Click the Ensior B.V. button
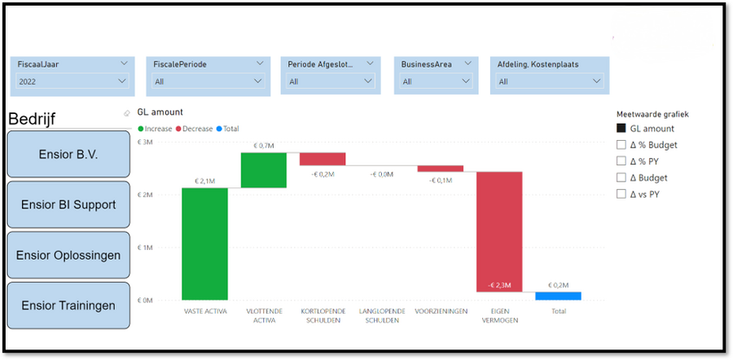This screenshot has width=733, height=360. [x=68, y=155]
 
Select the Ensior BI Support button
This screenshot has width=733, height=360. [x=68, y=204]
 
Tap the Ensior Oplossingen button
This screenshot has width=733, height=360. [x=68, y=255]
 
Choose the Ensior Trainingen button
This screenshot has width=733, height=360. [x=68, y=305]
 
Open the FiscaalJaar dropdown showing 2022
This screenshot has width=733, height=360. [x=72, y=81]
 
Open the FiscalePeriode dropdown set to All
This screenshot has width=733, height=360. [x=208, y=81]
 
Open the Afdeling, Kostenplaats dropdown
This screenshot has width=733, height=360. [x=550, y=81]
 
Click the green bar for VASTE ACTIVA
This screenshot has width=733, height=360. [x=205, y=244]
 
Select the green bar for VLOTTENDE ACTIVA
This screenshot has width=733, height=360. [x=264, y=170]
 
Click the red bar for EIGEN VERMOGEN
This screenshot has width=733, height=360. [x=499, y=231]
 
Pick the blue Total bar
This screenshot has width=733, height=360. [x=558, y=296]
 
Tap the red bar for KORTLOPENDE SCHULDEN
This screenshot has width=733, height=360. [x=323, y=159]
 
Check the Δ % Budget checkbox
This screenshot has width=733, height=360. [x=621, y=145]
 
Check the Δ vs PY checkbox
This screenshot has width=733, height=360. [x=621, y=194]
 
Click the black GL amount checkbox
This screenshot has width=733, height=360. [x=621, y=129]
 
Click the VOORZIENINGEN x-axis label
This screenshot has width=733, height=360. [x=440, y=311]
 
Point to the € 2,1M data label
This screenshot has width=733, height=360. [x=205, y=181]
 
